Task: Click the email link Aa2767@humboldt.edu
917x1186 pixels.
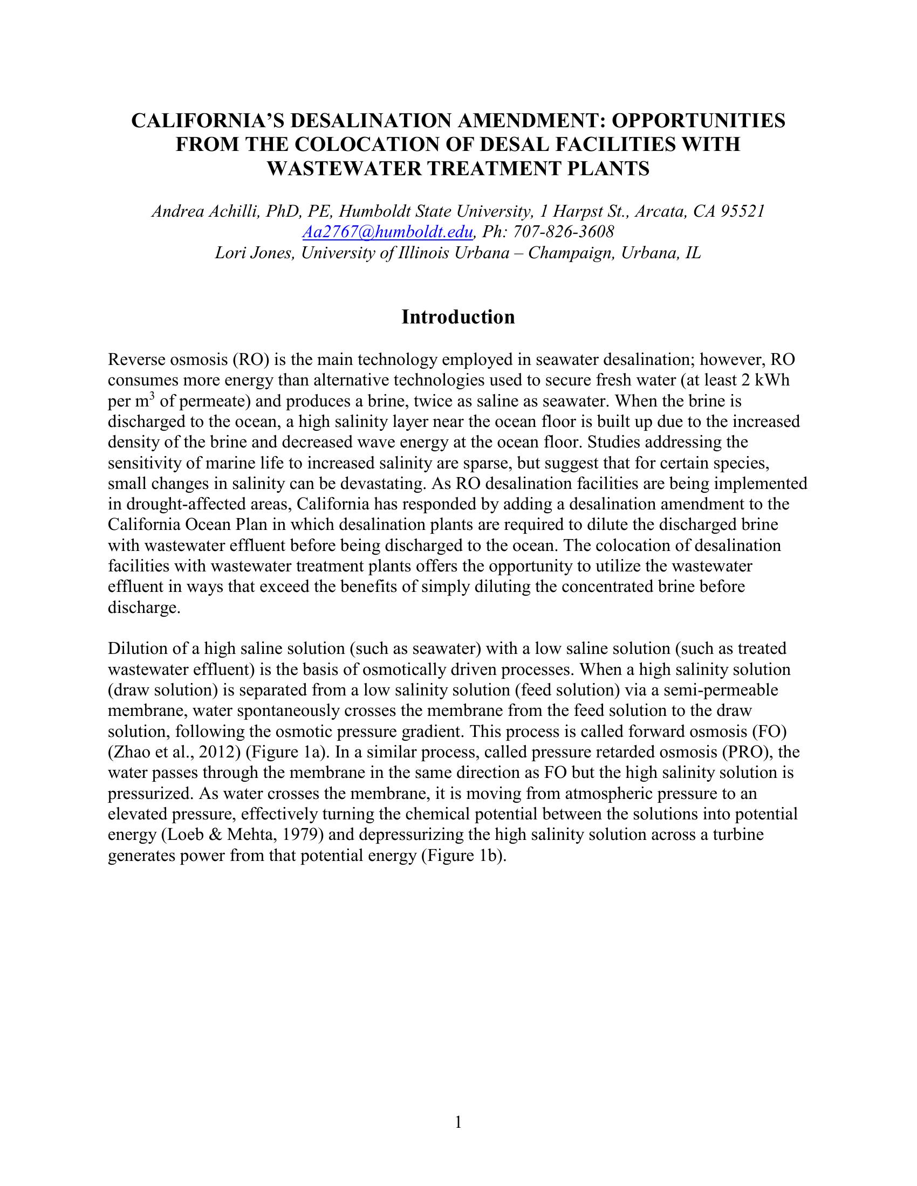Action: [387, 232]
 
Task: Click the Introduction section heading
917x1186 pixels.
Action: [458, 316]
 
